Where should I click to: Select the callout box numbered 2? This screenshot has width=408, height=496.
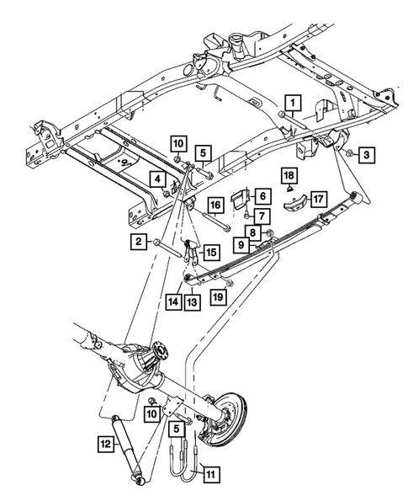pos(135,243)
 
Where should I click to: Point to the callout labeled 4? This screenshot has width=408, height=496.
pos(157,178)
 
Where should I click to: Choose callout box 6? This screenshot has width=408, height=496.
pos(262,195)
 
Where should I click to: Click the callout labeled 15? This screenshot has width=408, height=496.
pos(209,251)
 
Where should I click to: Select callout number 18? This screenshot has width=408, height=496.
pos(288,174)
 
